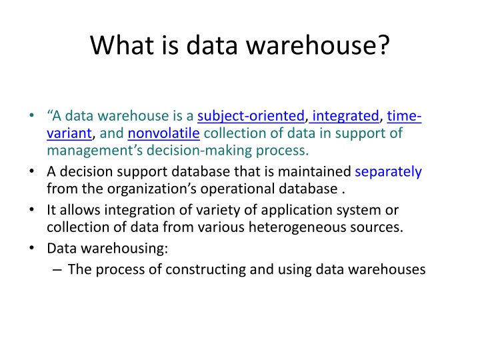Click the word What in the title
122,45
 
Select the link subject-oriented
251,116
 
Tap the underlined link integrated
345,116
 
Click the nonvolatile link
164,133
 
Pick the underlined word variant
69,133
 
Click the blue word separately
388,172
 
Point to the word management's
95,151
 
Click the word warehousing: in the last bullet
124,249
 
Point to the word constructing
206,269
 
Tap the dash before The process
57,270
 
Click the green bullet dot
31,116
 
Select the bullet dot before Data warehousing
31,248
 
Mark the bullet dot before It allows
31,210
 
